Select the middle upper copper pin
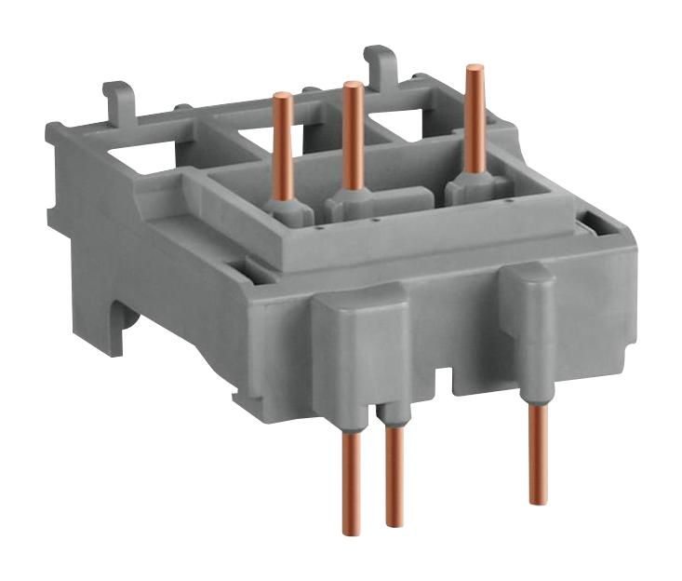(x=353, y=135)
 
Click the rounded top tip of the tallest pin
(x=475, y=68)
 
